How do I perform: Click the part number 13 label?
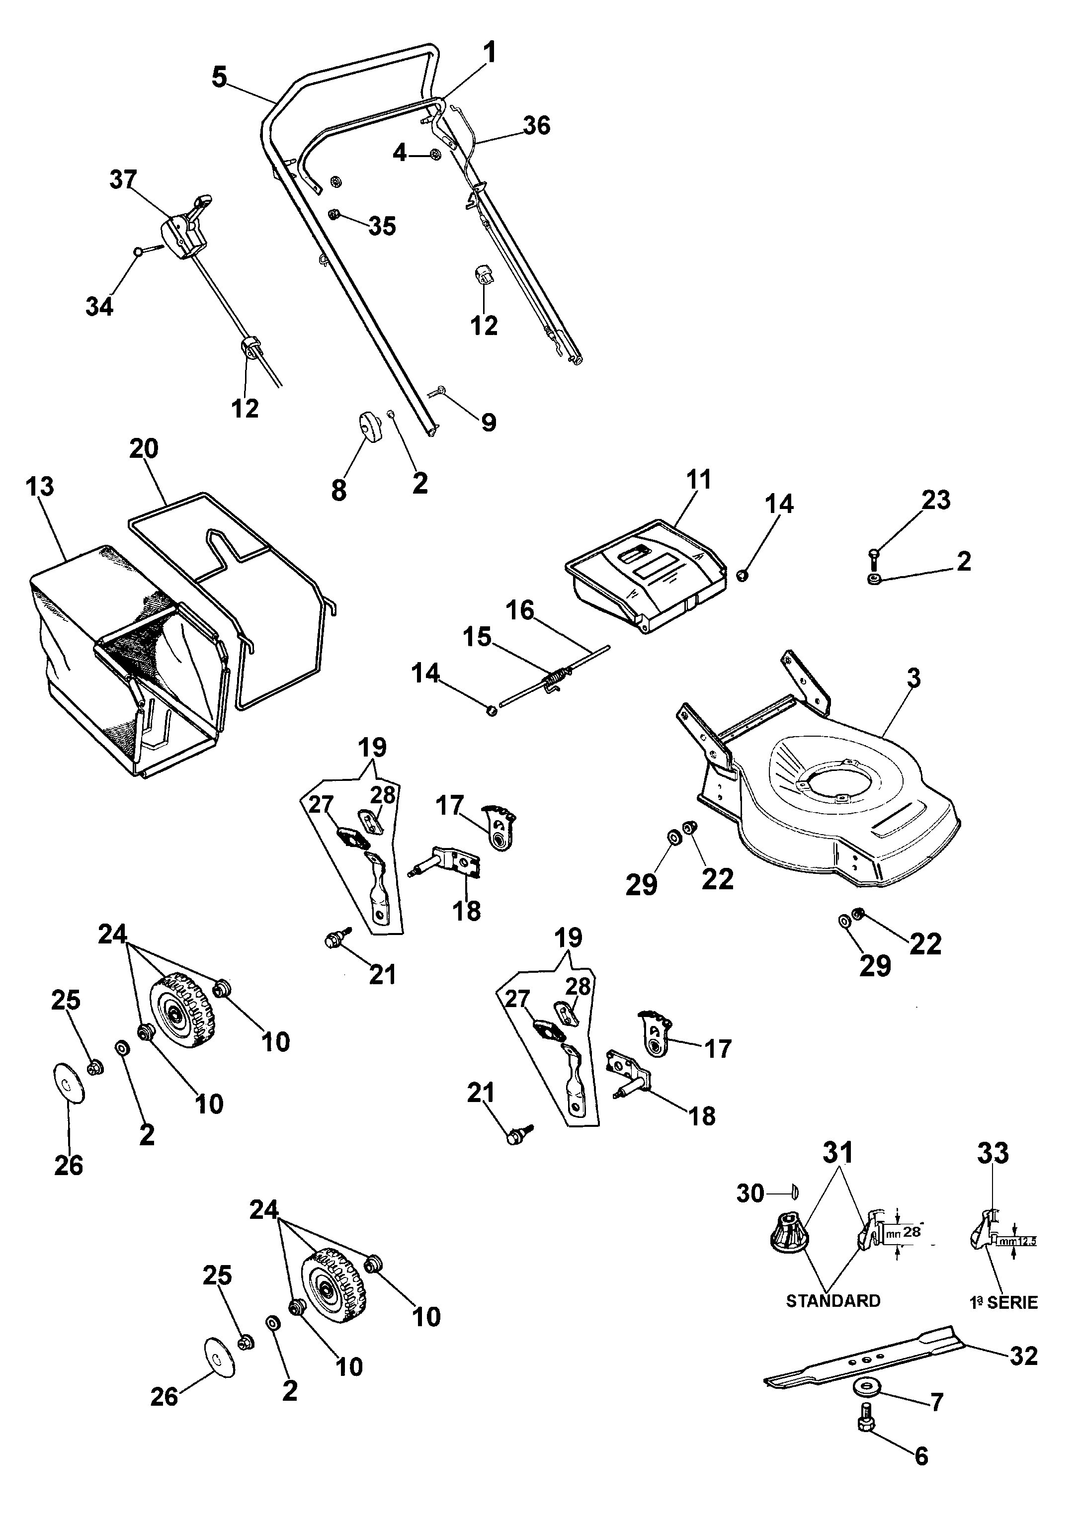click(40, 486)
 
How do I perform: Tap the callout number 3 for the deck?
click(913, 678)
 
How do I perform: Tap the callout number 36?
click(537, 125)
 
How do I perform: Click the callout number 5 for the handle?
click(219, 77)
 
